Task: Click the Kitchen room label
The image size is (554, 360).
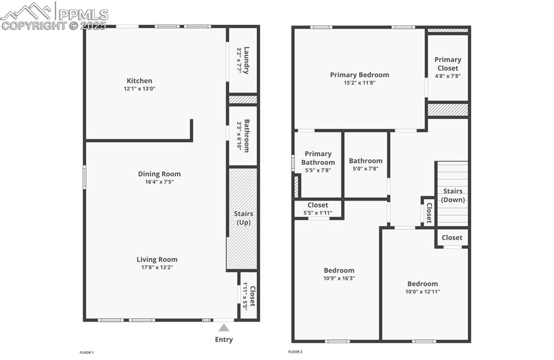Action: coord(140,81)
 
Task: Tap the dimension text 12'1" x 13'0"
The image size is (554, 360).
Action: coord(140,89)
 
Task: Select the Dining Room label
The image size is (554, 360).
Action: coord(159,174)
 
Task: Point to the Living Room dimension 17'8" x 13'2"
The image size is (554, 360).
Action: coord(157,267)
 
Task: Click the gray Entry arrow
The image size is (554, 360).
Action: coord(224,327)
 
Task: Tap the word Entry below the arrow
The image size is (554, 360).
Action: coord(224,339)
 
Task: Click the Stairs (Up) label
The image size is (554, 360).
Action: coord(243,218)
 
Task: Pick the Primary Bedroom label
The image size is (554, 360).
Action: coord(359,75)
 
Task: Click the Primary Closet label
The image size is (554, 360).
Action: coord(448,64)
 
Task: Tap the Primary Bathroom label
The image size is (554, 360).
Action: coord(318,158)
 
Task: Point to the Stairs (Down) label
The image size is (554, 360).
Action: coord(453,195)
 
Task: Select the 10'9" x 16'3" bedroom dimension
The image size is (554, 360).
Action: coord(339,278)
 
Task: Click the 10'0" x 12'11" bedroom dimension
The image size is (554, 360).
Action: coord(423,292)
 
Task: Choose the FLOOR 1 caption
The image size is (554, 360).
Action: coord(87,352)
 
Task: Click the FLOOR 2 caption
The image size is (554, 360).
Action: coord(295,352)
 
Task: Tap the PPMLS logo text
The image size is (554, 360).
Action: coord(83,15)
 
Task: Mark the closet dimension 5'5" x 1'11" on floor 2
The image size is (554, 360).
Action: coord(318,213)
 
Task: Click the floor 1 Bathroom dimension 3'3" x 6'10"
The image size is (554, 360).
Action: coord(239,135)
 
